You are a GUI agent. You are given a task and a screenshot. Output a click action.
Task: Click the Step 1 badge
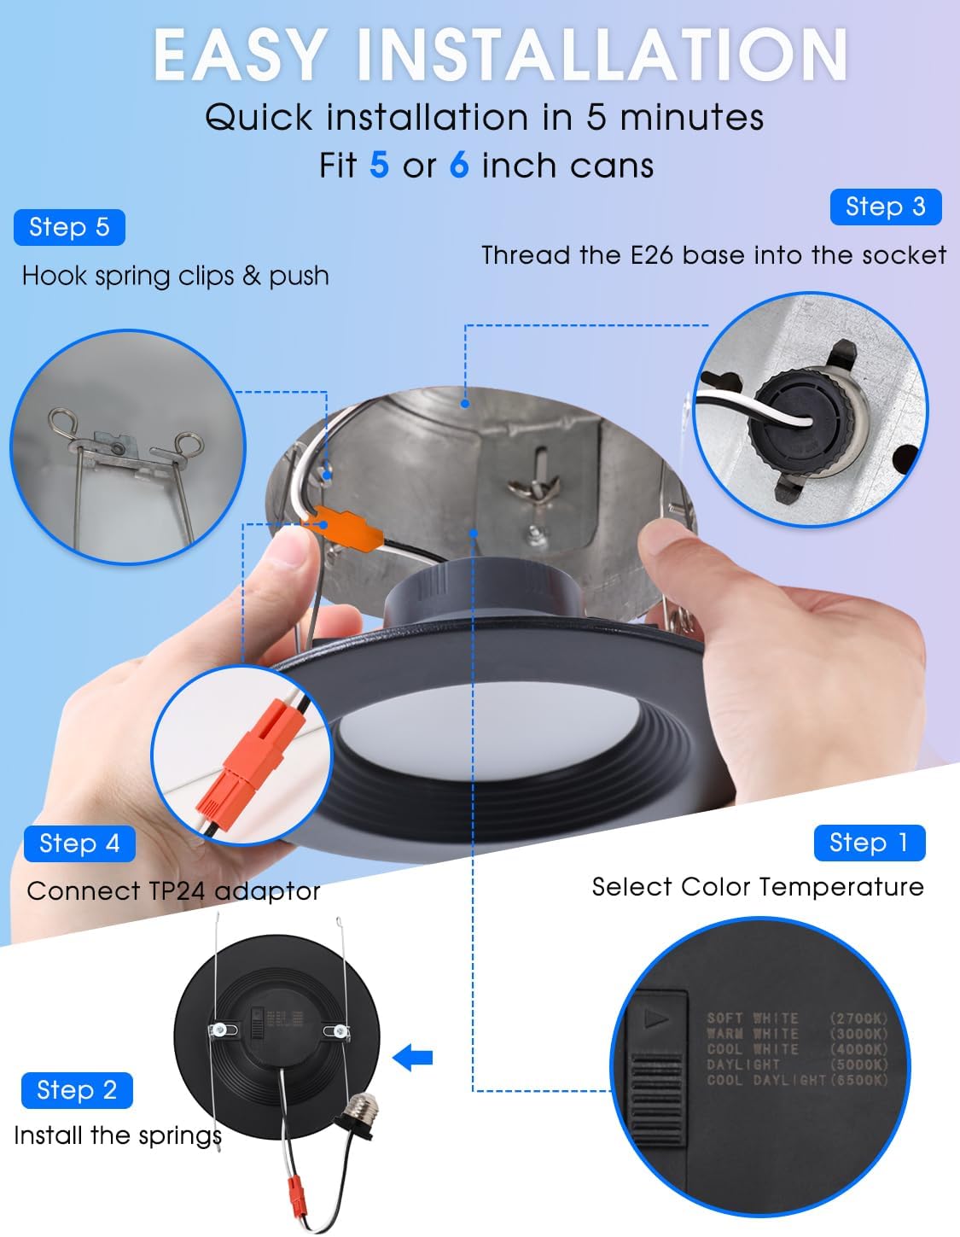coord(869,843)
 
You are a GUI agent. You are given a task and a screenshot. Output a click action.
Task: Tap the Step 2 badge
coord(77,1090)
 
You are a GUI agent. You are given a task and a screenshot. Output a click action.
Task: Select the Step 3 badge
coord(885,207)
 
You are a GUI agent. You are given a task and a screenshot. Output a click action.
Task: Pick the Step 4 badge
coord(79,843)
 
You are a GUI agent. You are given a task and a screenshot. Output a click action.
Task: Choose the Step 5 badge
coord(69,227)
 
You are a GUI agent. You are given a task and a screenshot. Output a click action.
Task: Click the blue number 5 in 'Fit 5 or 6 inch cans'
coord(379,165)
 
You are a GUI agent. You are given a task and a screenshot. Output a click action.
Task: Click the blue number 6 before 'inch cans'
coord(459,165)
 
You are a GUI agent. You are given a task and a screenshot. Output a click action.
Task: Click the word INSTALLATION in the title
coord(601,55)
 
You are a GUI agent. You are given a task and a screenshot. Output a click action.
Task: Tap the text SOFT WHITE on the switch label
coord(752,1018)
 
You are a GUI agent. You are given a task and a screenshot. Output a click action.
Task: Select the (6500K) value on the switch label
coord(858,1080)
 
